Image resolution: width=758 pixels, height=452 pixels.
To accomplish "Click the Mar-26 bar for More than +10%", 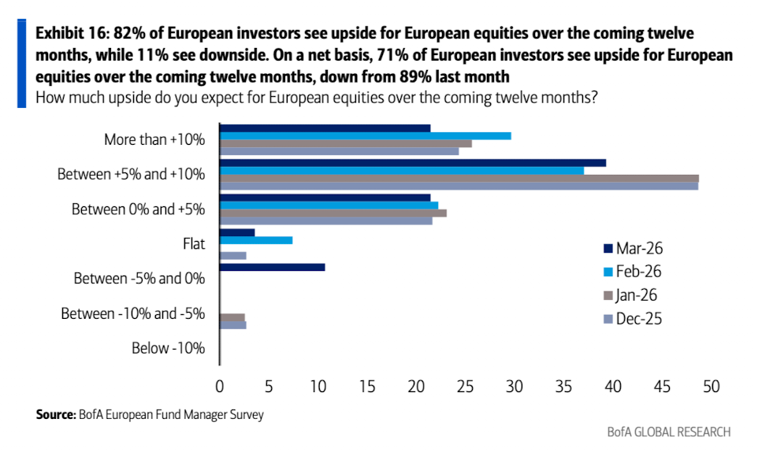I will coord(325,128).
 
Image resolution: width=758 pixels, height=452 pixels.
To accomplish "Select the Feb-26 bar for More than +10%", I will coord(365,136).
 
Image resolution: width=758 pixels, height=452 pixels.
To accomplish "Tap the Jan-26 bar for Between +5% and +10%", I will coord(459,178).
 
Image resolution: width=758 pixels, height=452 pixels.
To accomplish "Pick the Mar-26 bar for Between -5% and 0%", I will coord(272,267).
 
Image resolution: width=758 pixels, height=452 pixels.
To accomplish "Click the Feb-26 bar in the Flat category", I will coord(255,240).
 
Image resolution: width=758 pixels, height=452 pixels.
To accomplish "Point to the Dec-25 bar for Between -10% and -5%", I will coord(232,324).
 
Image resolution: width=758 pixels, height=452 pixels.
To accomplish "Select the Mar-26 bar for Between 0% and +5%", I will coord(325,198).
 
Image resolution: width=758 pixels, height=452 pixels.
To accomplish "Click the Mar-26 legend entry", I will coord(633,249).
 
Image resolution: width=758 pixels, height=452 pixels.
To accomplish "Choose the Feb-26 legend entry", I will coord(633,272).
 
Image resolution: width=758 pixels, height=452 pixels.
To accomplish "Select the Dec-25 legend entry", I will coord(633,319).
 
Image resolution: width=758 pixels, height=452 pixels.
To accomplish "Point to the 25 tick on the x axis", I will coord(466,387).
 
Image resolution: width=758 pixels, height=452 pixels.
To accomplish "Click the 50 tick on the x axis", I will coord(712,387).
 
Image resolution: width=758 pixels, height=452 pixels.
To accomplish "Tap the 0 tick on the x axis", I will coord(220,387).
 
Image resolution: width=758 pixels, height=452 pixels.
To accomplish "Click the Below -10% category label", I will coord(169,348).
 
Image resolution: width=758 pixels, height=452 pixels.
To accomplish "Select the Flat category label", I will coord(193,243).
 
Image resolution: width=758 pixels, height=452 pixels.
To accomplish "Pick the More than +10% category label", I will coord(154,139).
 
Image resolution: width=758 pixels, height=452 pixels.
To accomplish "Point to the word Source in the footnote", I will coord(54,414).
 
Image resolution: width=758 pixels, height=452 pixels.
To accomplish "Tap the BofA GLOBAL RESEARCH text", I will coord(668,432).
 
